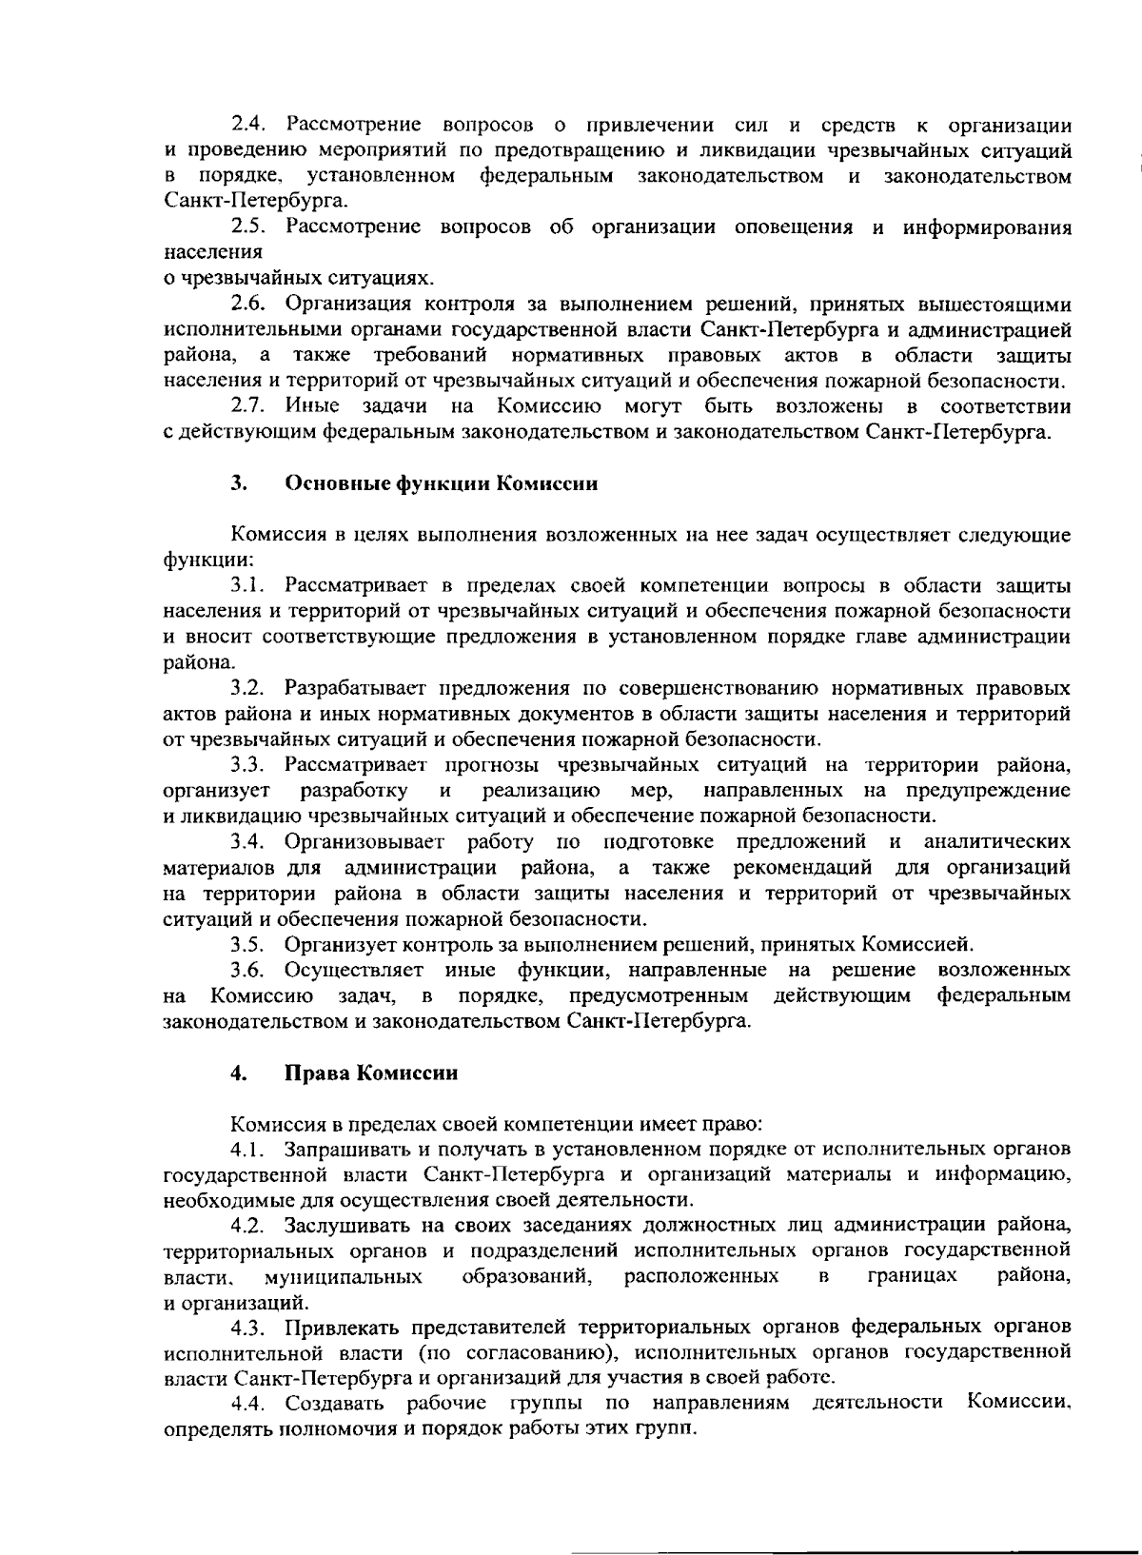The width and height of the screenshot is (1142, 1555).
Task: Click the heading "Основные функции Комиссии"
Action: [442, 483]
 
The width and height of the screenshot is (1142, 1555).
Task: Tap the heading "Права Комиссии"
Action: [371, 1073]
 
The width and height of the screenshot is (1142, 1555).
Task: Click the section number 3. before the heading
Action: [238, 483]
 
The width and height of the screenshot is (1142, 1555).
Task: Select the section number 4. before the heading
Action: [238, 1073]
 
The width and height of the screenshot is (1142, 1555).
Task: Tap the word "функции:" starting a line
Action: [194, 560]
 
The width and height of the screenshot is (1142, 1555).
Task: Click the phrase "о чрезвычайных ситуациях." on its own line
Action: [299, 279]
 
